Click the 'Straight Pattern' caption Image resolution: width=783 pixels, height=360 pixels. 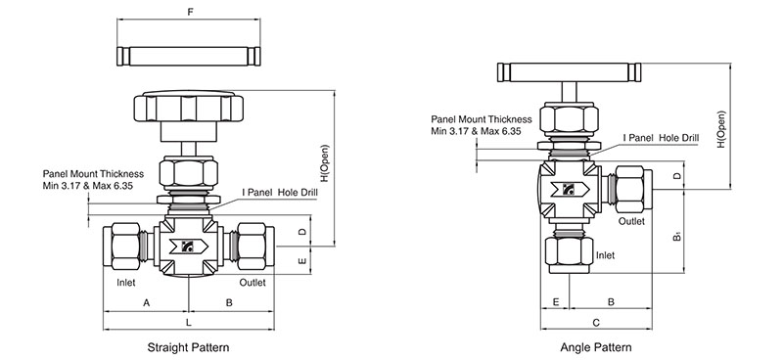[188, 347]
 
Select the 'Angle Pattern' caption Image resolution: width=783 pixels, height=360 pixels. [596, 347]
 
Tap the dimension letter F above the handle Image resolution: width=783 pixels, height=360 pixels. [190, 12]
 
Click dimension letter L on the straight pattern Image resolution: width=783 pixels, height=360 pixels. [188, 323]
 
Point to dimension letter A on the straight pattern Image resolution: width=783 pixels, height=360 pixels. [146, 302]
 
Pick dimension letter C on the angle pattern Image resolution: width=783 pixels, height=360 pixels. [596, 323]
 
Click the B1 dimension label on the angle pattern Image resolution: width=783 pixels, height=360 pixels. [677, 235]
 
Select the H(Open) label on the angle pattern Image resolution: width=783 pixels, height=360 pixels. [721, 129]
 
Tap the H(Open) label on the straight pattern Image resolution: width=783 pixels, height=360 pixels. [325, 163]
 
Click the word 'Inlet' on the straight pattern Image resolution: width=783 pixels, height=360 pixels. [126, 283]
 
